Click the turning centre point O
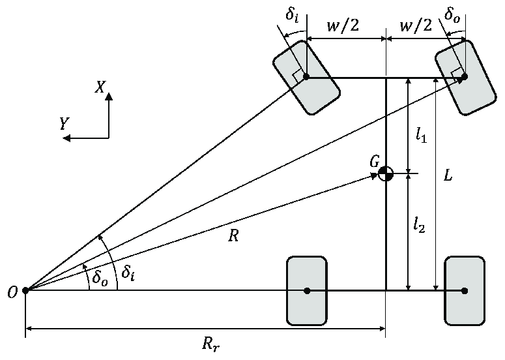coord(25,290)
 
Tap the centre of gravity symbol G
coord(386,174)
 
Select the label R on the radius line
coord(233,236)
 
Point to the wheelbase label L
coord(447,175)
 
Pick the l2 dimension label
coord(419,224)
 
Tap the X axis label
coord(100,87)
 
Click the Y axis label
coord(64,124)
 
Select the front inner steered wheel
coord(306,78)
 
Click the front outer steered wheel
coord(464,78)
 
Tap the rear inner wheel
coord(306,290)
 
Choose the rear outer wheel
coord(464,290)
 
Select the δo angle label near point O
coord(98,278)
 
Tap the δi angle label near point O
coord(128,274)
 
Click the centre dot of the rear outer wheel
coord(464,290)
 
